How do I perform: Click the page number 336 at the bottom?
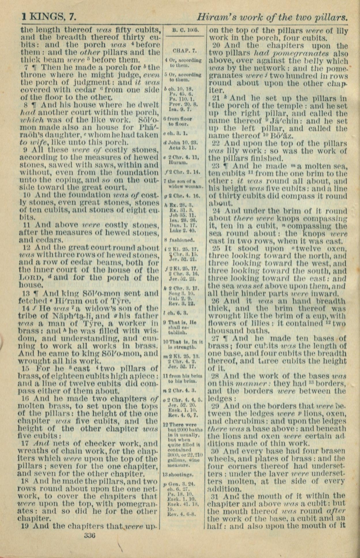[90, 536]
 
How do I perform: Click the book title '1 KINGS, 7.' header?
[49, 18]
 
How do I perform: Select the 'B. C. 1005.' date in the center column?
[184, 30]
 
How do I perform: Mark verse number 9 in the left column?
[25, 150]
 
